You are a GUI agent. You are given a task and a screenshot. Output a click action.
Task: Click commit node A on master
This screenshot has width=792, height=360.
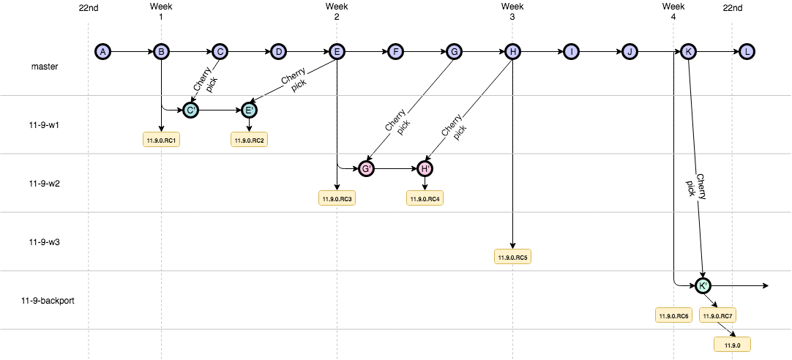click(x=102, y=51)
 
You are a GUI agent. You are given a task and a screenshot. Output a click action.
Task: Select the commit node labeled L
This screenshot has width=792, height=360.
click(x=747, y=51)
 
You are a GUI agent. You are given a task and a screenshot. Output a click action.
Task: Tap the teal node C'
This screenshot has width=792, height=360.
click(x=190, y=110)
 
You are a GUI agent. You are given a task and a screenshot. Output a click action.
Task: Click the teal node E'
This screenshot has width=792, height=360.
click(x=249, y=110)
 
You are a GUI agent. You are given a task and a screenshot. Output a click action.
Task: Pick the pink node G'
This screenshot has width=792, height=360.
click(x=366, y=168)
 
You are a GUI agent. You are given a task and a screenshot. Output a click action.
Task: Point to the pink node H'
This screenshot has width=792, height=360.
click(x=425, y=168)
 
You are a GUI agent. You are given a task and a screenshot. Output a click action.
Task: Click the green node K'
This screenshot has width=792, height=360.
click(x=703, y=286)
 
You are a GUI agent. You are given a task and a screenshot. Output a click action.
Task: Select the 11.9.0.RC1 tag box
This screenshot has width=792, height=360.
click(x=162, y=140)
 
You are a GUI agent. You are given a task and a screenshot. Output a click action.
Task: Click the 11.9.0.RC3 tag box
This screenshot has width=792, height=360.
click(x=337, y=198)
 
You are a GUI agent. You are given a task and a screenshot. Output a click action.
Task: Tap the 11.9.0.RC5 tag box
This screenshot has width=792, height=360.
click(x=512, y=257)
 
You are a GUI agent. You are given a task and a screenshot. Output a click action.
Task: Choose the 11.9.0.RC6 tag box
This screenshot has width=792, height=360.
click(x=673, y=315)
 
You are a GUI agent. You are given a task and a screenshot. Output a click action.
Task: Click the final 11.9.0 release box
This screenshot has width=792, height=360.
click(x=732, y=345)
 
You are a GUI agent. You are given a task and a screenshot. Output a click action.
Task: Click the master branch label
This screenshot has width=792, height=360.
click(x=44, y=66)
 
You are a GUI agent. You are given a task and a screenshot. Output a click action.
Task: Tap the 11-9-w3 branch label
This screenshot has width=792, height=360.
click(x=44, y=242)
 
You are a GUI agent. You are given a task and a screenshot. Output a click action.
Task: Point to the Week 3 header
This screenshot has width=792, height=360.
click(x=512, y=11)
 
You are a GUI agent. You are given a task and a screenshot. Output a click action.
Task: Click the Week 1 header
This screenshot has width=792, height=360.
click(x=161, y=11)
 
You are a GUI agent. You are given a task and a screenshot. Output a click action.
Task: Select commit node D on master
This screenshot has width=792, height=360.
click(x=278, y=51)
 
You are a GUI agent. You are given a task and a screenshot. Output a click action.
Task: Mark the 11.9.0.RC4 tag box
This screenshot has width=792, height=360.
click(x=425, y=198)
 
